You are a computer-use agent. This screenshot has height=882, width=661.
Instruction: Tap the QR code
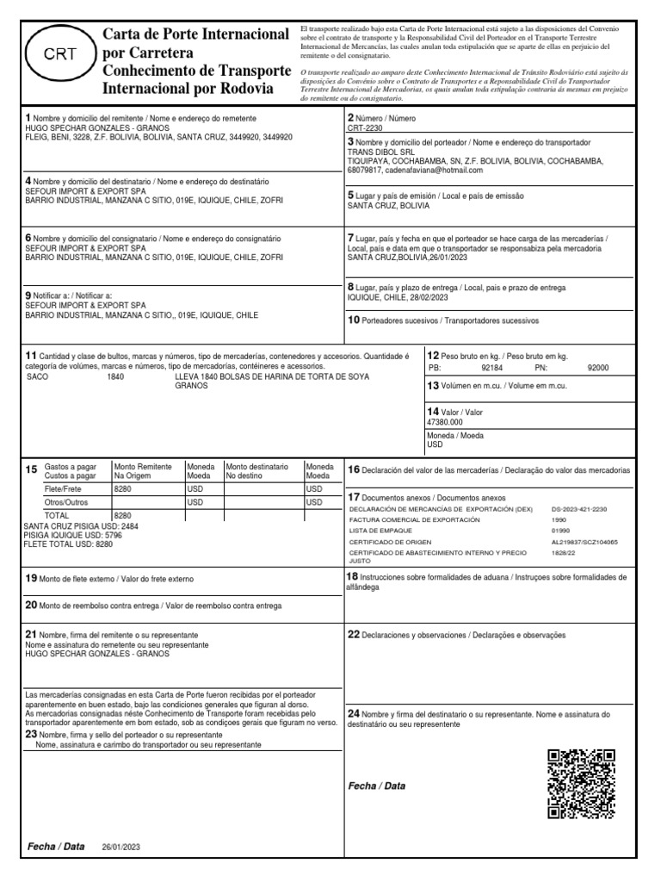tap(581, 783)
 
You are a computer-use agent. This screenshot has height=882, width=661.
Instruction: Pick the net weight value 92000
tap(597, 367)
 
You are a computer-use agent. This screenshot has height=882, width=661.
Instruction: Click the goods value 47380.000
tap(445, 422)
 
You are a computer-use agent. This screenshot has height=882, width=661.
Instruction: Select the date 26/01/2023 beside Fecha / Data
tap(120, 848)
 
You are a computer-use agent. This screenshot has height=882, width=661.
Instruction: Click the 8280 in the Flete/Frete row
tap(123, 488)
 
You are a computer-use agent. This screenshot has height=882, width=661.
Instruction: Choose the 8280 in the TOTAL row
tap(123, 515)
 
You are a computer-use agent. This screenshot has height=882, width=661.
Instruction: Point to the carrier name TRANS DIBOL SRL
tap(380, 151)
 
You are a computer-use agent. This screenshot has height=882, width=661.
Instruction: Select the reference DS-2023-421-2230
tap(579, 509)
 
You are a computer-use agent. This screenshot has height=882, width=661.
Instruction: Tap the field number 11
tap(30, 356)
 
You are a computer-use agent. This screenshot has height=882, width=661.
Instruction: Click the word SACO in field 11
tap(39, 376)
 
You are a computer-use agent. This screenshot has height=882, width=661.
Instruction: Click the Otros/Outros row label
tap(65, 502)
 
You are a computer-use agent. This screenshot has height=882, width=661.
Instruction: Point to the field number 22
tap(353, 635)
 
